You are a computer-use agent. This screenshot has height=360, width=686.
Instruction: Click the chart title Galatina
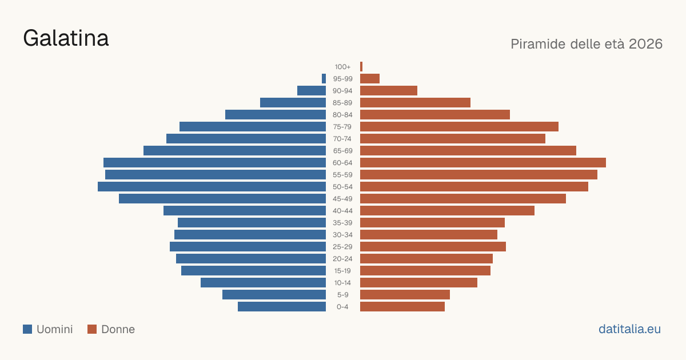66,38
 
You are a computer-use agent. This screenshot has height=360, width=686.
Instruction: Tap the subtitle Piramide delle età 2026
587,44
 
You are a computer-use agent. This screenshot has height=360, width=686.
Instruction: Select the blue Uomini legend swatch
27,329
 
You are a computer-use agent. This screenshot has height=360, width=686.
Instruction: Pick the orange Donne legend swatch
92,329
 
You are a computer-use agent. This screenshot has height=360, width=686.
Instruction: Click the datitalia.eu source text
629,329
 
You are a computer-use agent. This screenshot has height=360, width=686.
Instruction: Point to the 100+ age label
342,67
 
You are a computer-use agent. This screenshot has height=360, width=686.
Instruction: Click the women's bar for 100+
361,67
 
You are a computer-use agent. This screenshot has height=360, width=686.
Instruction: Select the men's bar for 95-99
324,79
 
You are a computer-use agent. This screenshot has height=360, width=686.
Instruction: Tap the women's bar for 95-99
370,79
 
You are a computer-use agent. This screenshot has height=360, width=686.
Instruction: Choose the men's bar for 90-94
312,91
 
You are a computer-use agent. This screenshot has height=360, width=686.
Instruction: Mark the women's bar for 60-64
483,162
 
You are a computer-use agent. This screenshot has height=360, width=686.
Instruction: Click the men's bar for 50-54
212,187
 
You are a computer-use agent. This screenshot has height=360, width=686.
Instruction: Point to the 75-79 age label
342,127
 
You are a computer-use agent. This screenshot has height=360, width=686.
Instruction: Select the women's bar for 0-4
402,307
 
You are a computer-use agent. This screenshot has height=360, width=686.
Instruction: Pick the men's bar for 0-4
282,307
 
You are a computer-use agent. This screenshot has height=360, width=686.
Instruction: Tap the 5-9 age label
342,295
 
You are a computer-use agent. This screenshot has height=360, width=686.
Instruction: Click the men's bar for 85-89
293,102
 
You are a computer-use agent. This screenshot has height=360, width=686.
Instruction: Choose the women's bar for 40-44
448,211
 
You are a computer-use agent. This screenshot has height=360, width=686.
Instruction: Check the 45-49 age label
342,199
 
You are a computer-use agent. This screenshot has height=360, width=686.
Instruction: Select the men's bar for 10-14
263,282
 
